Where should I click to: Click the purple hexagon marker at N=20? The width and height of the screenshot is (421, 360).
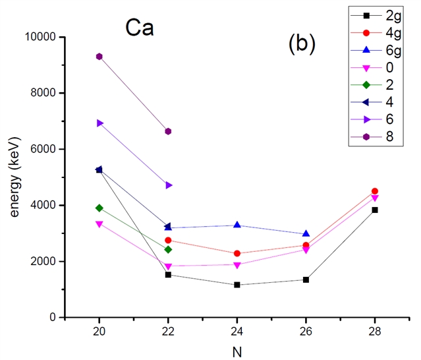[99, 57]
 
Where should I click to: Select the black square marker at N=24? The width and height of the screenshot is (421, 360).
[237, 285]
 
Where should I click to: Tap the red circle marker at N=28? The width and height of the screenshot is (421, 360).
[375, 191]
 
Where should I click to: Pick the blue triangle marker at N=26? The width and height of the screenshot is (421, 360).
[306, 233]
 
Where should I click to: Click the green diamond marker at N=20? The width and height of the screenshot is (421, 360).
[99, 208]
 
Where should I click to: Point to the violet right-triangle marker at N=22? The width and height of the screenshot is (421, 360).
[168, 185]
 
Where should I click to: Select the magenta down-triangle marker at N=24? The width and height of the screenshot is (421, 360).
[237, 265]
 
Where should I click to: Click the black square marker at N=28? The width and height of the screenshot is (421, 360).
[375, 210]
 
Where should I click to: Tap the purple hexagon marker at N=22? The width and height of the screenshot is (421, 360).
[168, 131]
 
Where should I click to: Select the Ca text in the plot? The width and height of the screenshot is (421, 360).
[140, 29]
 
